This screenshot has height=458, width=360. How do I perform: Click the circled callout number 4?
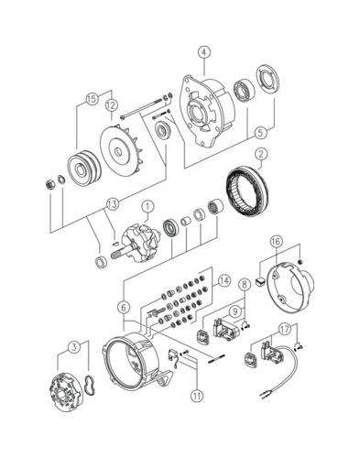[204, 52]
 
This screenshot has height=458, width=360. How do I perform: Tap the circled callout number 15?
[92, 99]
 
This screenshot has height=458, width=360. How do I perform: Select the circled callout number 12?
[112, 105]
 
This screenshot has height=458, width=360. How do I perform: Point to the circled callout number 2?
[261, 155]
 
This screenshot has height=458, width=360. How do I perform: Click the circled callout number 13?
[113, 204]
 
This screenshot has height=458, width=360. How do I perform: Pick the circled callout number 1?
[147, 207]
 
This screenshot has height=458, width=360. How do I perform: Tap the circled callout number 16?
[276, 242]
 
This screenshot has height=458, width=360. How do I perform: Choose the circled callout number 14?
[224, 280]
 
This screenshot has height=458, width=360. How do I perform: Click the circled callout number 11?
[197, 396]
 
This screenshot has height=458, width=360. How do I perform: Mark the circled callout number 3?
[73, 347]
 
